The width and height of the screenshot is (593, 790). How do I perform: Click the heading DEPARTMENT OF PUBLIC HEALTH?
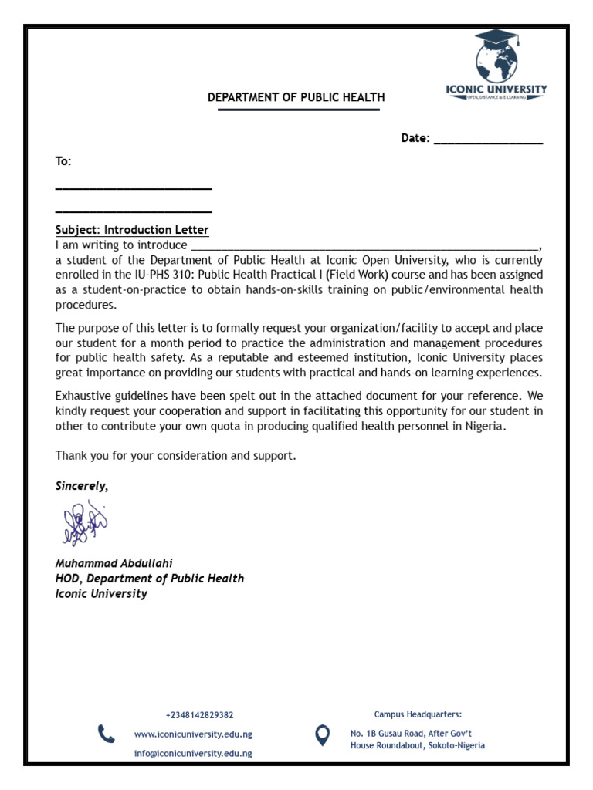296,97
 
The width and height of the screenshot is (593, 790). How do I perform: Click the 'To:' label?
63,161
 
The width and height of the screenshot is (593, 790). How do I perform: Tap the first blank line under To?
134,187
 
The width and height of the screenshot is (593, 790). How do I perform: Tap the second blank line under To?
134,211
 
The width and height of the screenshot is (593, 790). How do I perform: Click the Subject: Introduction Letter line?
132,230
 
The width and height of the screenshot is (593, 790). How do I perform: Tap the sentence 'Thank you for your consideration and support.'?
176,456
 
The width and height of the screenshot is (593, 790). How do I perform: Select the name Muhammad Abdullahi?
114,563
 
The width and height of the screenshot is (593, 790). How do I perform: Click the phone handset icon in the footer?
106,733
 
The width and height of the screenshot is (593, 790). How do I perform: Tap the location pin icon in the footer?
323,734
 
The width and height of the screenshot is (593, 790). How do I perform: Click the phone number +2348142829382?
199,715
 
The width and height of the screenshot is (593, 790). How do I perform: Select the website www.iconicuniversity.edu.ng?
193,734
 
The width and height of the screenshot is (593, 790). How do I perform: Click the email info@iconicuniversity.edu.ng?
193,754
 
